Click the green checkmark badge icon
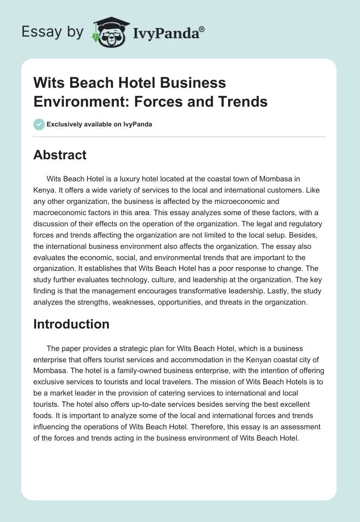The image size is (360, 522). point(39,124)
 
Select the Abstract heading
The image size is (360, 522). point(60,155)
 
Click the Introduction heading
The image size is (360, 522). point(71,324)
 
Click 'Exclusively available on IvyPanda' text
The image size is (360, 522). point(99,125)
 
